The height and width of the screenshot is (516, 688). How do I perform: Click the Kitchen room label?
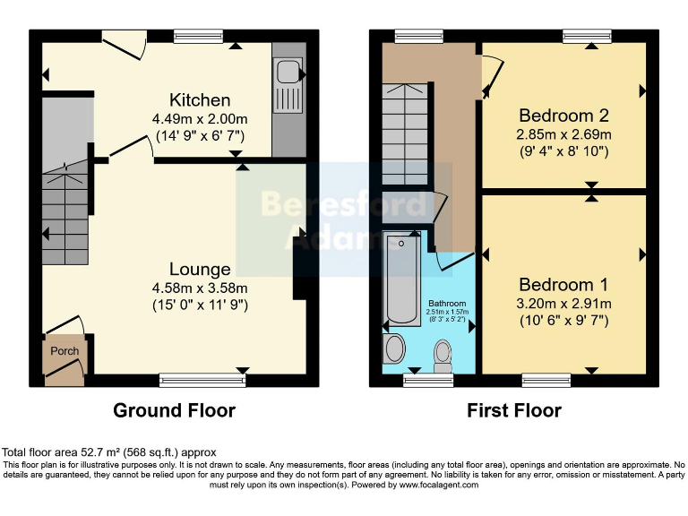(x=200, y=99)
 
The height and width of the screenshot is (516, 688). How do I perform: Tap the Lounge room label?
(x=200, y=269)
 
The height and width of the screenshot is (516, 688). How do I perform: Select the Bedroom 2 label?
(x=564, y=116)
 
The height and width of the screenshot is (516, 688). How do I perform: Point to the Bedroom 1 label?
(x=564, y=285)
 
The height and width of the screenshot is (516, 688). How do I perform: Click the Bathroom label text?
(x=446, y=304)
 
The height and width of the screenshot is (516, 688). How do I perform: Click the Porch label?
(x=64, y=350)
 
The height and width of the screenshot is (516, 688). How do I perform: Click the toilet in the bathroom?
(x=443, y=357)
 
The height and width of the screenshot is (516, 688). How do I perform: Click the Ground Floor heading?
(x=174, y=410)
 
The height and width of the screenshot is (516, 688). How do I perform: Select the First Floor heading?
(x=513, y=410)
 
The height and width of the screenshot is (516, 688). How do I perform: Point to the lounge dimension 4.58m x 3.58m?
(x=200, y=288)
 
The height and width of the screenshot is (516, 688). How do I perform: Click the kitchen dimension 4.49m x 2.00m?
(x=200, y=118)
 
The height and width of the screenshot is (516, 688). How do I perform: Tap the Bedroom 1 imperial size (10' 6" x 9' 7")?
(x=564, y=321)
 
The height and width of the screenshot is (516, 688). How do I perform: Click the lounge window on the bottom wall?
(x=202, y=381)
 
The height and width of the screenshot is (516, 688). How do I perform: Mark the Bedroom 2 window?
(x=587, y=36)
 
